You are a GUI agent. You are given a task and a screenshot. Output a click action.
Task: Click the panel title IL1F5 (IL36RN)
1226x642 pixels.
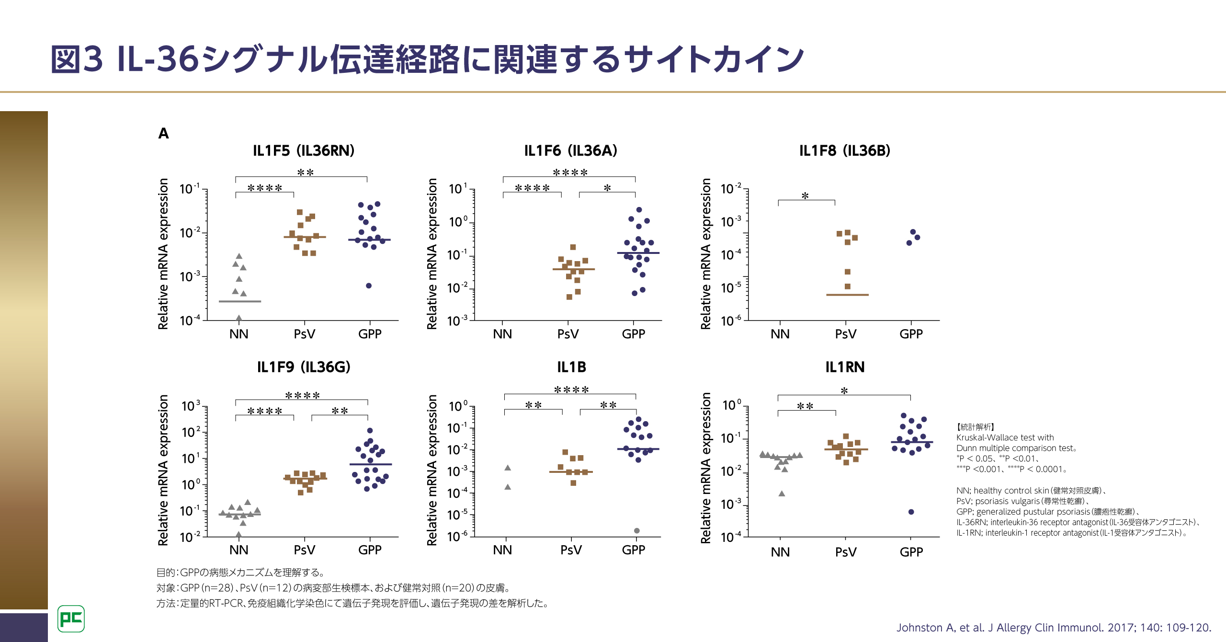pyautogui.click(x=304, y=151)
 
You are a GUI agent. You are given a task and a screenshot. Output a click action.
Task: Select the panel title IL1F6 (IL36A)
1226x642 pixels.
pyautogui.click(x=570, y=151)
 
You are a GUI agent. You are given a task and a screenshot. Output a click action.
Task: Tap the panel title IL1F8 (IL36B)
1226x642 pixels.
pyautogui.click(x=844, y=151)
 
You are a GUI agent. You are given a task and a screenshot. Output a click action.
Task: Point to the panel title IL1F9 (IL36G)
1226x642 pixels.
pyautogui.click(x=304, y=367)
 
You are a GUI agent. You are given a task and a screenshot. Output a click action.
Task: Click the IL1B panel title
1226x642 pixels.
pyautogui.click(x=571, y=367)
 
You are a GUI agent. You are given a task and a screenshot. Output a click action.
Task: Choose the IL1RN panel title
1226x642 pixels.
pyautogui.click(x=845, y=367)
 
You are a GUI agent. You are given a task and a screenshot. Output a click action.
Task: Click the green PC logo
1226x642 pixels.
pyautogui.click(x=71, y=619)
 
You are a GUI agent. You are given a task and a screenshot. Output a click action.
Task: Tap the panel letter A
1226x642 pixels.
pyautogui.click(x=163, y=133)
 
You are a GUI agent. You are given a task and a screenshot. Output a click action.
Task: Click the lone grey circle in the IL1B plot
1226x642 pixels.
pyautogui.click(x=636, y=530)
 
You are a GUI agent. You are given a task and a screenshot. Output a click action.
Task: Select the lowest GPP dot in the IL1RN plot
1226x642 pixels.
pyautogui.click(x=911, y=512)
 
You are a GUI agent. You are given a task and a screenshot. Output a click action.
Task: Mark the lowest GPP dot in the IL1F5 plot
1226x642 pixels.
pyautogui.click(x=369, y=286)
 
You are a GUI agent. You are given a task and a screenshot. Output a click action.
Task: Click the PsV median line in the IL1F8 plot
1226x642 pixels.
pyautogui.click(x=847, y=295)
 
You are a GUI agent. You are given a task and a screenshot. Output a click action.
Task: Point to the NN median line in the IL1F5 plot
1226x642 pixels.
pyautogui.click(x=239, y=301)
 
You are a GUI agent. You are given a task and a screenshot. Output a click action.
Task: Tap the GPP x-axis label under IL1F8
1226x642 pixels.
pyautogui.click(x=911, y=334)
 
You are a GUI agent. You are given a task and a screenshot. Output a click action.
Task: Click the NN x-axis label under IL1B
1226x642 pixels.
pyautogui.click(x=502, y=550)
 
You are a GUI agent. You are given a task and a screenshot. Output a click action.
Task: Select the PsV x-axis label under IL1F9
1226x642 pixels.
pyautogui.click(x=304, y=550)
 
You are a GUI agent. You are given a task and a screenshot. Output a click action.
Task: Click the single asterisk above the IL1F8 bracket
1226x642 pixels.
pyautogui.click(x=805, y=195)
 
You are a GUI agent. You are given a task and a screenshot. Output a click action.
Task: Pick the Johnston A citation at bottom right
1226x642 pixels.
pyautogui.click(x=1054, y=628)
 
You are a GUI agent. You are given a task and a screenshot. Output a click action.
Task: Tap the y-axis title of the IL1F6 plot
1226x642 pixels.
pyautogui.click(x=432, y=254)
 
